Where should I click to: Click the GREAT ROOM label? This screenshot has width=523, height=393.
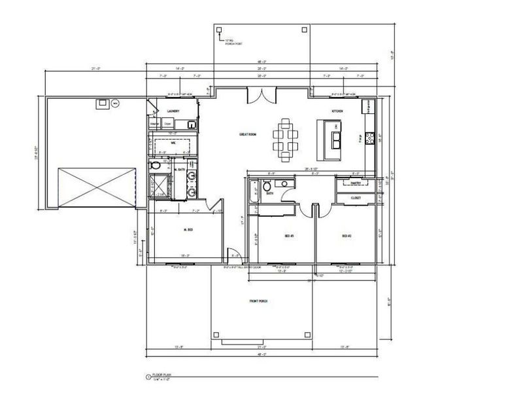(x=246, y=135)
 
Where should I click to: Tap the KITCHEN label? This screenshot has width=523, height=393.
(x=337, y=112)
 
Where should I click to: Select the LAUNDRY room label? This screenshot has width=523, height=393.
(x=173, y=111)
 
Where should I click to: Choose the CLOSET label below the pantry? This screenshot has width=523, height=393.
(x=356, y=197)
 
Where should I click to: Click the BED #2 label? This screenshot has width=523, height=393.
(x=347, y=235)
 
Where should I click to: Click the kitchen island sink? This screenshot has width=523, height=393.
(x=337, y=138)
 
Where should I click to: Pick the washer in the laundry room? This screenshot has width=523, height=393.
(x=156, y=122)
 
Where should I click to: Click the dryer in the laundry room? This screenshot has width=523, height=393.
(x=167, y=122)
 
